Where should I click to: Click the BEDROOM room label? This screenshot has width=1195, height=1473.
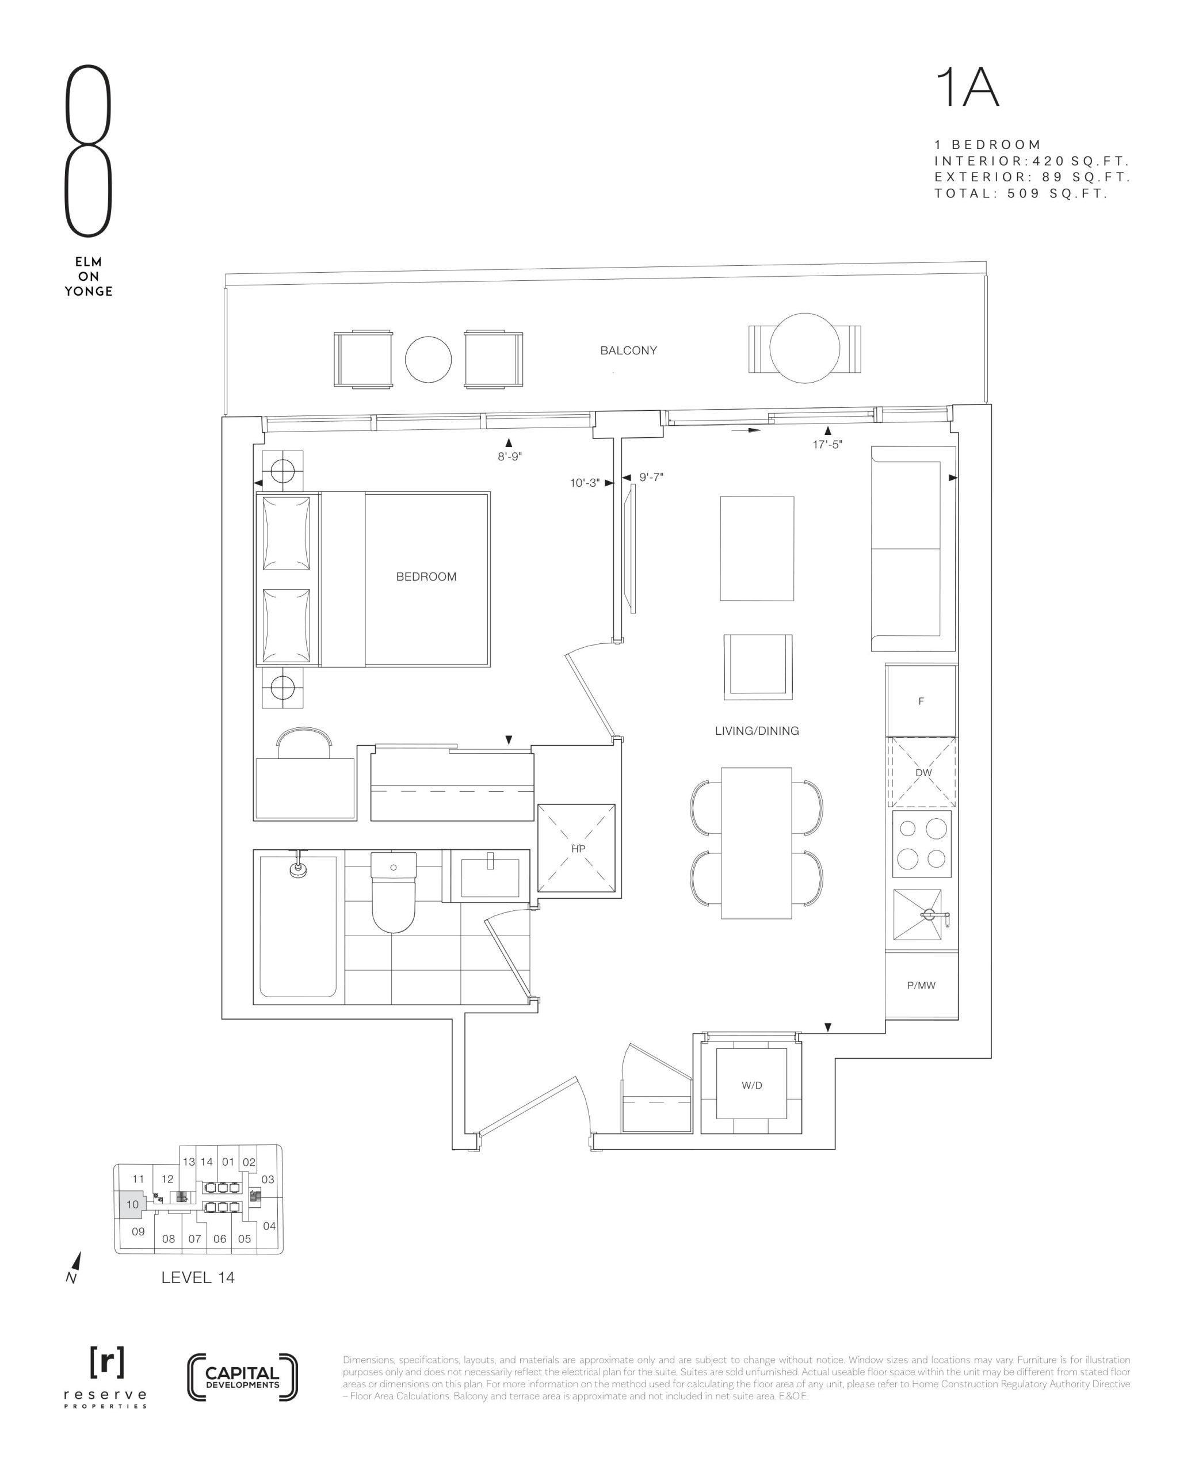[426, 577]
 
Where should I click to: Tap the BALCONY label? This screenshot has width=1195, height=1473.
[628, 350]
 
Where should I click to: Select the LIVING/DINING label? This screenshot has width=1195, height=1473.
[757, 731]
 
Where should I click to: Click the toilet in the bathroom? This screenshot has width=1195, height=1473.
[394, 892]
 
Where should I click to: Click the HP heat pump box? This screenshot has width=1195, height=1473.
[577, 849]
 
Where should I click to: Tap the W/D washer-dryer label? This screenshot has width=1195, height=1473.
[751, 1086]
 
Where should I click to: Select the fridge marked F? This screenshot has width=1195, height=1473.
[921, 701]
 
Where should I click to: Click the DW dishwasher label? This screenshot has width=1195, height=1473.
[923, 773]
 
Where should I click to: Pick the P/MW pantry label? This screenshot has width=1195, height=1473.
[921, 986]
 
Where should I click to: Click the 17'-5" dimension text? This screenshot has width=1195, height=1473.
[827, 445]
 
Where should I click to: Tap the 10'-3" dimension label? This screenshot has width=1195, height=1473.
[585, 483]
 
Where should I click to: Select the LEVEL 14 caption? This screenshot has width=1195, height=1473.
[197, 1277]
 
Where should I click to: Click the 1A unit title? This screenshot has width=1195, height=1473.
[967, 87]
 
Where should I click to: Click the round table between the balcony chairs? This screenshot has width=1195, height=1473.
[428, 359]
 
